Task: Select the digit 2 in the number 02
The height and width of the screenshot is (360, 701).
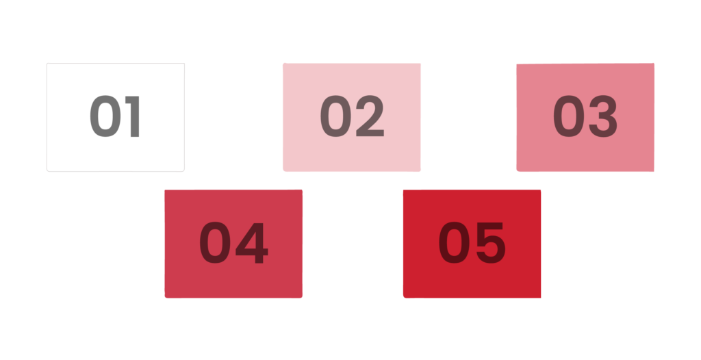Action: [370, 117]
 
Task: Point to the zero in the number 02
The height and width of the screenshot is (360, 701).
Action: [336, 117]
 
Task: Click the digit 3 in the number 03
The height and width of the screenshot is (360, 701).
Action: [603, 117]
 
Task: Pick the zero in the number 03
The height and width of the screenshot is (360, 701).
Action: [570, 117]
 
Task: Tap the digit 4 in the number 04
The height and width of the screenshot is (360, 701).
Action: [251, 244]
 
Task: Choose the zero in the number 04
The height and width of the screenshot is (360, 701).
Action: [216, 244]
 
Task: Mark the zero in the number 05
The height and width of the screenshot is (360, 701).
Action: [455, 244]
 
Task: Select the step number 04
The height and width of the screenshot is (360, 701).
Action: [233, 244]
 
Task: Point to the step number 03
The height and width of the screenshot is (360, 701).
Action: [585, 117]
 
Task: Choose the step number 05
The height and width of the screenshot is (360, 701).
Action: [472, 244]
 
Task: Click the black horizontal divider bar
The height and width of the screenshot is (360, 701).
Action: [350, 180]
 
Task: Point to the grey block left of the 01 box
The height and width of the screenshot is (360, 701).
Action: [23, 126]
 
